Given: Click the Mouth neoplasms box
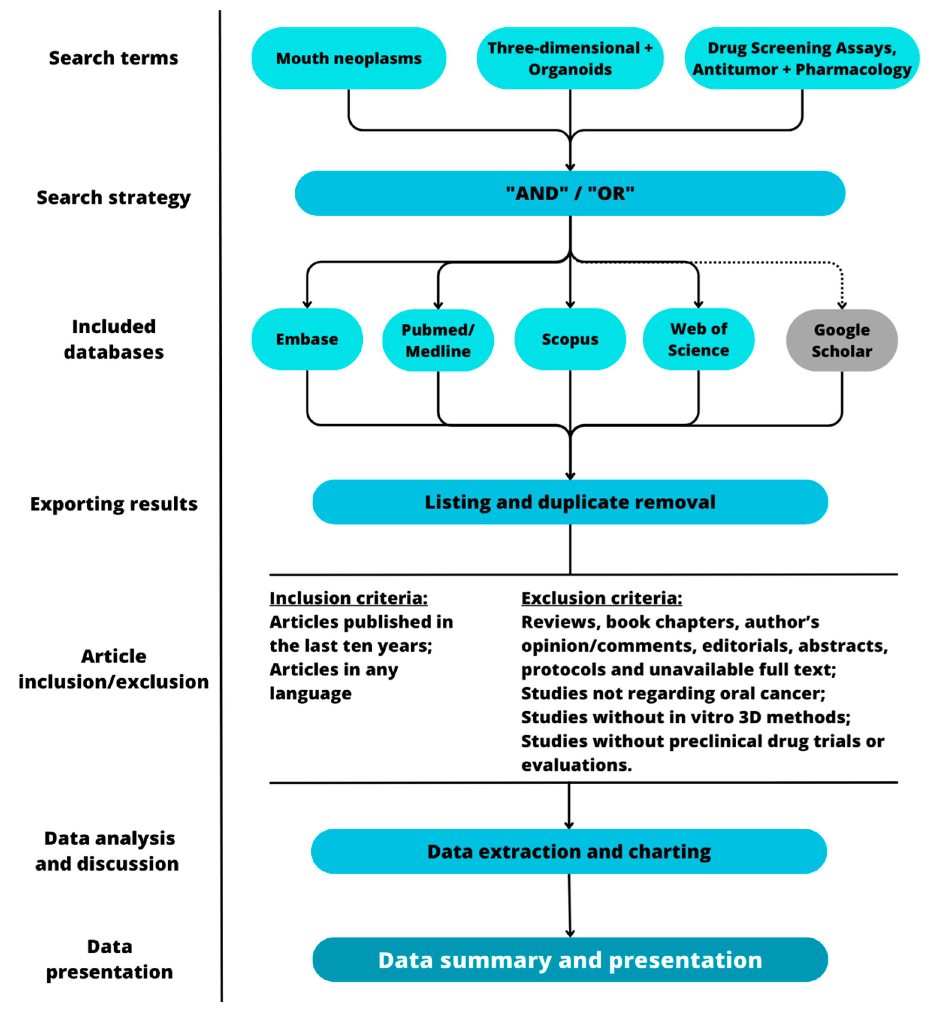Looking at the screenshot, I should pos(348,58).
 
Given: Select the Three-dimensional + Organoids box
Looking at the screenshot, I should pos(570,58).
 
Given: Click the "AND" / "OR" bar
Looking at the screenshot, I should pos(570,193).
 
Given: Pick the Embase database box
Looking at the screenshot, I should pos(307,339).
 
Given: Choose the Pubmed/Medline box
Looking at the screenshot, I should pos(438,340).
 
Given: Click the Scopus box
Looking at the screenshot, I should pos(570,339).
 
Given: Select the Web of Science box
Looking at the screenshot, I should pos(699,339).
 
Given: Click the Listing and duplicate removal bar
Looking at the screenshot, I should pos(570,502).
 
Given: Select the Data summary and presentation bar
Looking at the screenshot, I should pos(570,960).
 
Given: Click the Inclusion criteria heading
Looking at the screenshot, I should pos(348,598).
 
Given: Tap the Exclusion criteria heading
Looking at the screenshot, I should pos(601,598).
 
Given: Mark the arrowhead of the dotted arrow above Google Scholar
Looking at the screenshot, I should pos(842,305).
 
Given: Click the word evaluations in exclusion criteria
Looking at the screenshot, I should pos(576,765).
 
